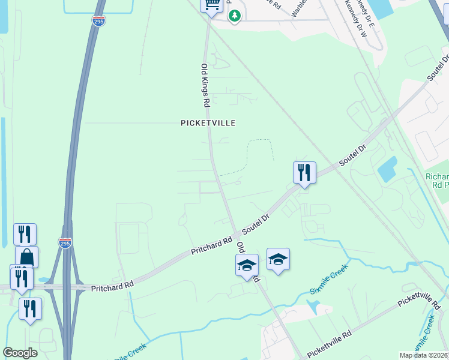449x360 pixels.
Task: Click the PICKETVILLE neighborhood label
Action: point(208,123)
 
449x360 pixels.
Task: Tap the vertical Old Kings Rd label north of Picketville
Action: point(205,85)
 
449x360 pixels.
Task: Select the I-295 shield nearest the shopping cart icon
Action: point(99,21)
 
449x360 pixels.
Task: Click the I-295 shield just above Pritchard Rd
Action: point(65,242)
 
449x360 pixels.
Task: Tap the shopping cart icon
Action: point(211,5)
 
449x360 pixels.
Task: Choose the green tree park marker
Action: point(235,16)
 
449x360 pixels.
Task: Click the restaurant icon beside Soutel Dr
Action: point(304,173)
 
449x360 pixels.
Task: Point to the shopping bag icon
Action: point(26,257)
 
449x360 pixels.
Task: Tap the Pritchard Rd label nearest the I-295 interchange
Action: point(112,285)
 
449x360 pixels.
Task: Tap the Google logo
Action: point(20,353)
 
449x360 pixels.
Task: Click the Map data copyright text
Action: point(423,355)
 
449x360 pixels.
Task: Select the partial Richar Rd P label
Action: point(436,181)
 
